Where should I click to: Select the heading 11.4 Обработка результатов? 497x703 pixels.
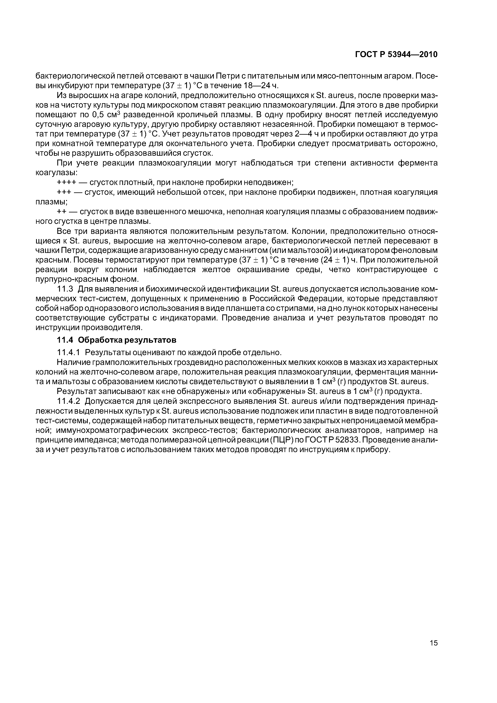pos(117,340)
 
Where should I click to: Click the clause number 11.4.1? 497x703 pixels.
pos(69,353)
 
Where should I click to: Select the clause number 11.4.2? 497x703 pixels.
pos(69,401)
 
